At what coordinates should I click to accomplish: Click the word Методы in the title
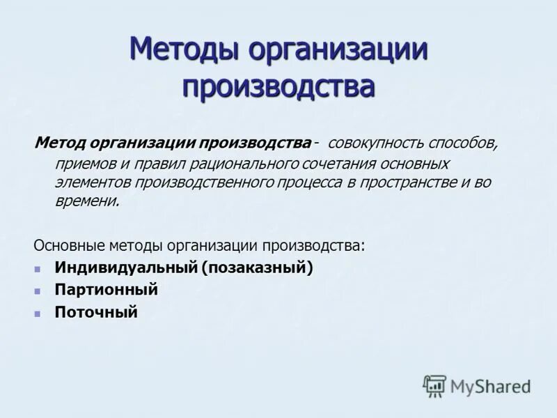(185, 52)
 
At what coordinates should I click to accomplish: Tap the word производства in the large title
(278, 86)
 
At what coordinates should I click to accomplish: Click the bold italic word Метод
(61, 144)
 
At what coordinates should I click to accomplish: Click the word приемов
(84, 164)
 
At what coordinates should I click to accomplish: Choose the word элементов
(93, 183)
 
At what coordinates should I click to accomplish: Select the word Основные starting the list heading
(68, 246)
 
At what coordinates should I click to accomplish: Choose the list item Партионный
(106, 289)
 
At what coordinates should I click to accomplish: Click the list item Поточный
(96, 312)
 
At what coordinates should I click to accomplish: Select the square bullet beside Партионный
(38, 290)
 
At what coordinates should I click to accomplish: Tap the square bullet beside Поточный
(38, 313)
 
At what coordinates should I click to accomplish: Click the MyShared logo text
(490, 385)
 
